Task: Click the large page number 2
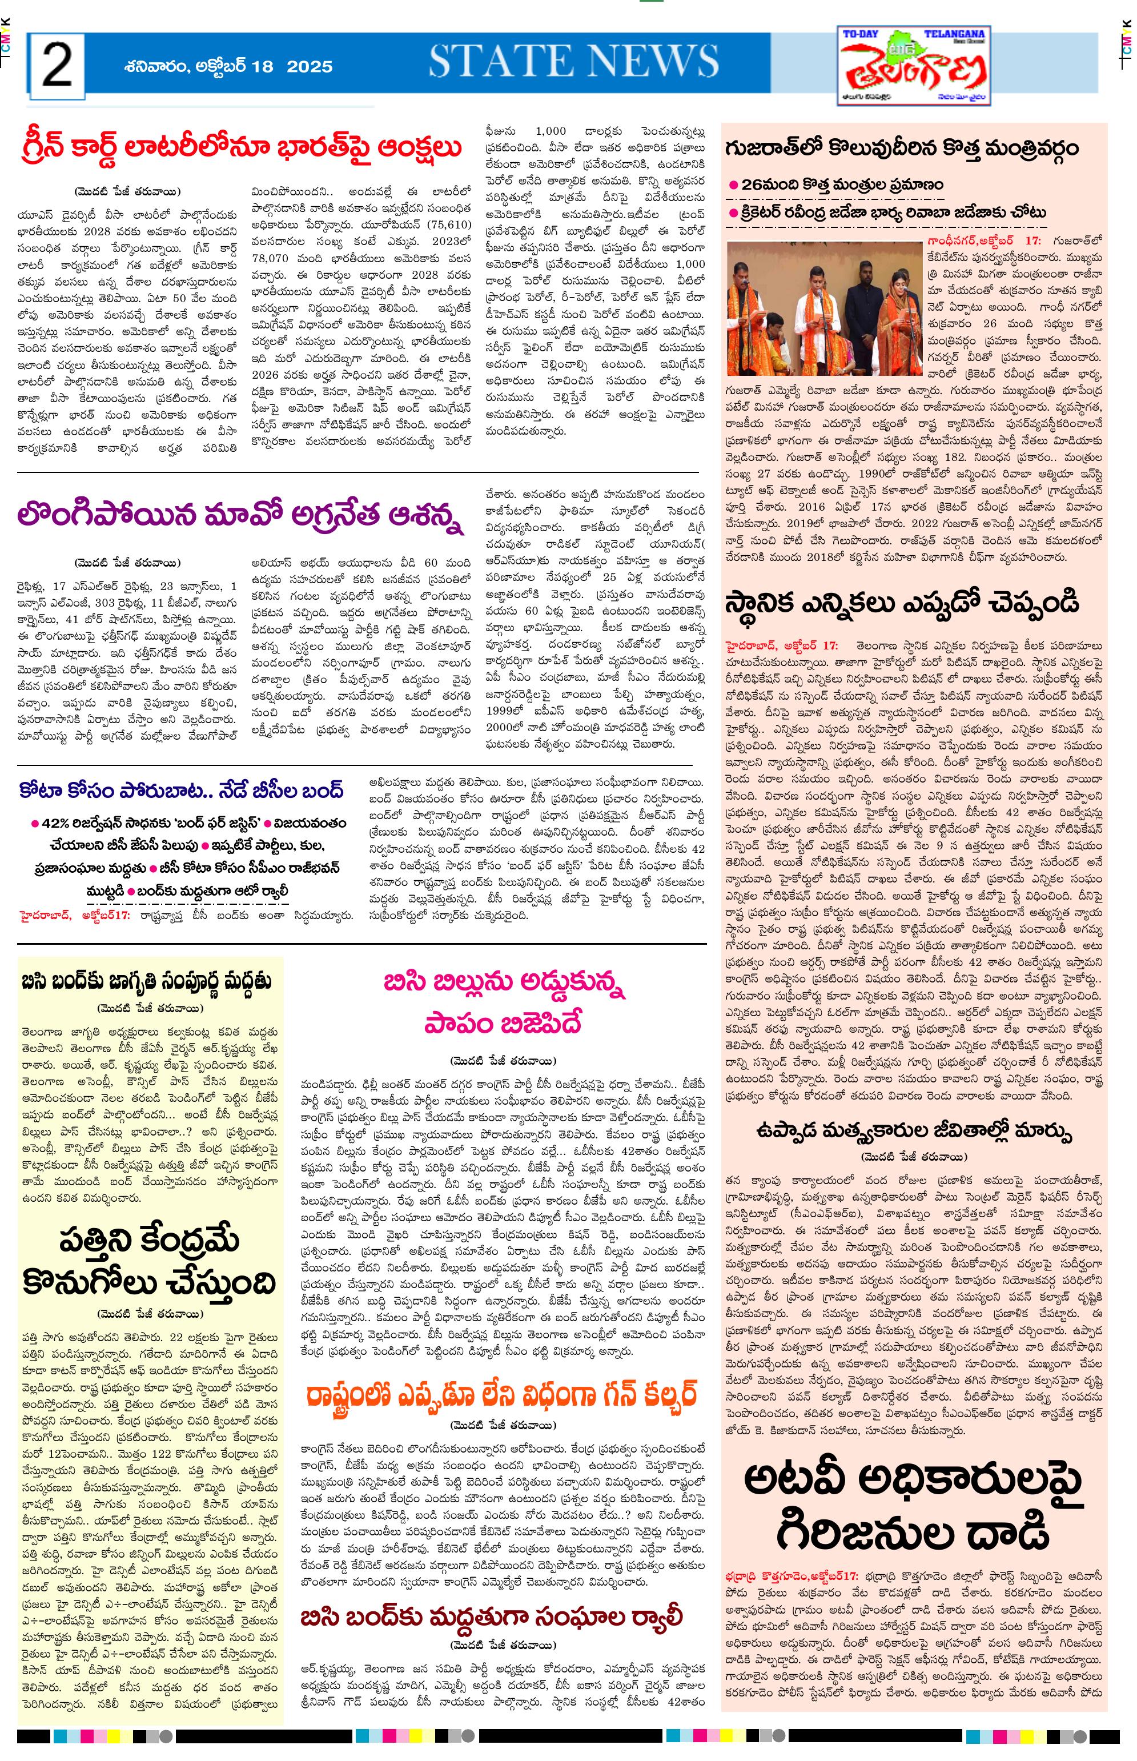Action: [57, 65]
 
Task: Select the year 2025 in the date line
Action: [310, 66]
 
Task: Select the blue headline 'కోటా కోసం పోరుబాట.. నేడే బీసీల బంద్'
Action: [182, 791]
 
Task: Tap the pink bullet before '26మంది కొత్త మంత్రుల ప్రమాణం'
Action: [733, 184]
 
